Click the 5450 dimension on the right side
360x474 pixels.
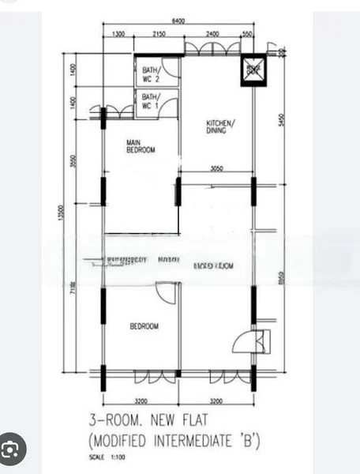tap(280, 122)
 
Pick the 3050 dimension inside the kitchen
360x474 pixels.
tap(221, 168)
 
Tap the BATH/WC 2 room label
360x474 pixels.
tap(151, 76)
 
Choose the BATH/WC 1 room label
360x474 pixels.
tap(151, 101)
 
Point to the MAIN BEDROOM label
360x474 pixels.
tap(141, 146)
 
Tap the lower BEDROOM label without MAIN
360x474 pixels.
tap(144, 326)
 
